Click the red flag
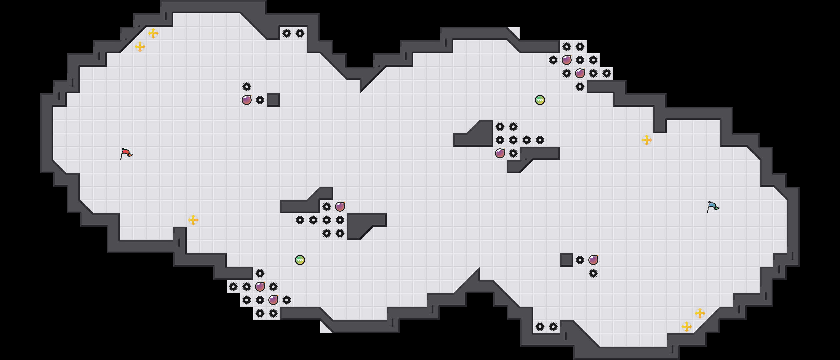[x=126, y=154]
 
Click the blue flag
[x=713, y=207]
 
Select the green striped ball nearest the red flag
[x=300, y=260]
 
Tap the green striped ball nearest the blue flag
[x=540, y=100]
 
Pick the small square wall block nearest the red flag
[x=273, y=100]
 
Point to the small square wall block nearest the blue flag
[x=567, y=260]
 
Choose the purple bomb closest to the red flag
[x=247, y=100]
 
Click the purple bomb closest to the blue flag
[x=593, y=260]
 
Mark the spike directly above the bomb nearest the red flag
[x=247, y=87]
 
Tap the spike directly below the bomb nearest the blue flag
[x=593, y=273]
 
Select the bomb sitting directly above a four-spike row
[x=340, y=207]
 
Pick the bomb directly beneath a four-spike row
[x=500, y=153]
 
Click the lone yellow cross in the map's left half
[x=193, y=220]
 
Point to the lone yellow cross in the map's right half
[x=647, y=140]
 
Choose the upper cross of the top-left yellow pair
[x=153, y=33]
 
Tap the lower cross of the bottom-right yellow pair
[x=687, y=327]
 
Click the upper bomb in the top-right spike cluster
[x=567, y=60]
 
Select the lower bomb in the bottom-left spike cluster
[x=273, y=300]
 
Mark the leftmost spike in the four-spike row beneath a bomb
[x=300, y=220]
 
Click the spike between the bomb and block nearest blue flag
[x=580, y=260]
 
